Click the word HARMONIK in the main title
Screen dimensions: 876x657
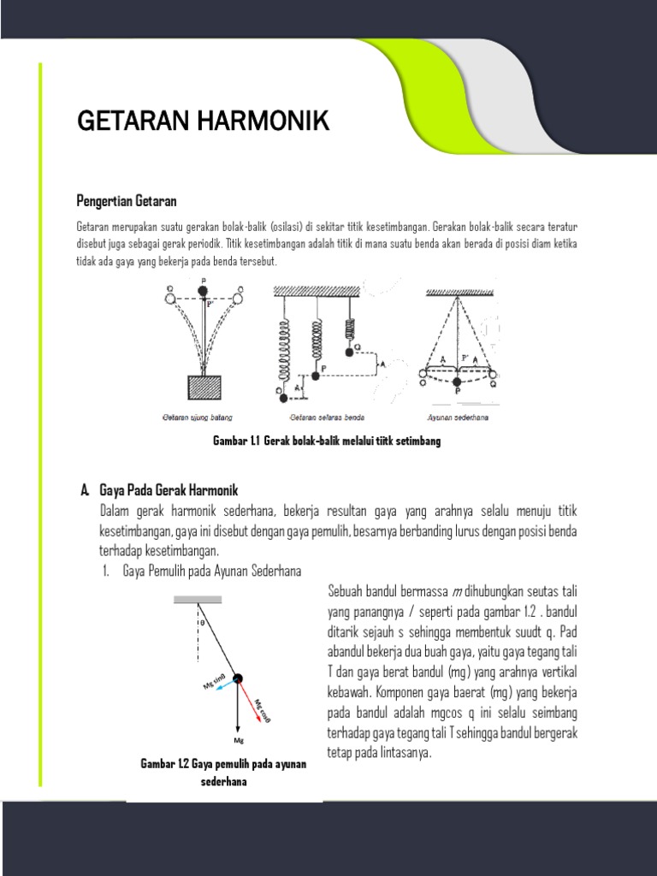tap(265, 121)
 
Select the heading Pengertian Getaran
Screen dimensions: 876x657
tap(127, 201)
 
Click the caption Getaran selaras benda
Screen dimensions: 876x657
tap(328, 418)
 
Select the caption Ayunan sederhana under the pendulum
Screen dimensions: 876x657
tap(459, 418)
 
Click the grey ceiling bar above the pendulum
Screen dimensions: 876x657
tap(198, 600)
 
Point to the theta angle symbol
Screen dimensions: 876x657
tap(202, 623)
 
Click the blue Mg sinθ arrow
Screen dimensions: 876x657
tap(222, 684)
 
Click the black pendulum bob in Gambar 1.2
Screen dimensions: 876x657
tap(238, 679)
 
